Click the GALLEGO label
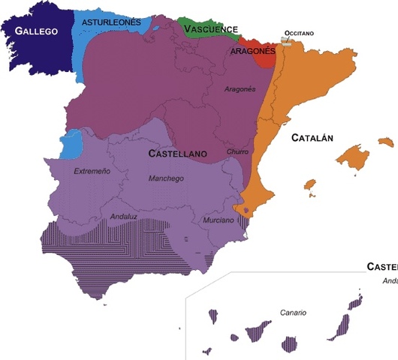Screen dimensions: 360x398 (x=35, y=32)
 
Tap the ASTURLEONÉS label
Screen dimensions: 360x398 (x=111, y=22)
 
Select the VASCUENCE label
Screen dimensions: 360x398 (x=210, y=28)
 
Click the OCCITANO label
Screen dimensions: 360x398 (x=298, y=34)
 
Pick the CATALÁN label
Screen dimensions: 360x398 (x=312, y=138)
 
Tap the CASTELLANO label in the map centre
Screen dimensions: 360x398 (x=177, y=153)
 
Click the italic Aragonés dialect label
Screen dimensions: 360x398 (x=240, y=89)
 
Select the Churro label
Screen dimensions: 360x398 (x=237, y=151)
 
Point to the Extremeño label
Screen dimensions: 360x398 (x=92, y=172)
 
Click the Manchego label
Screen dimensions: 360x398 (x=165, y=179)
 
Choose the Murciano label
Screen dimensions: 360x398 (x=219, y=220)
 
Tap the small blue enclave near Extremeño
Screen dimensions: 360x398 (x=71, y=144)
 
